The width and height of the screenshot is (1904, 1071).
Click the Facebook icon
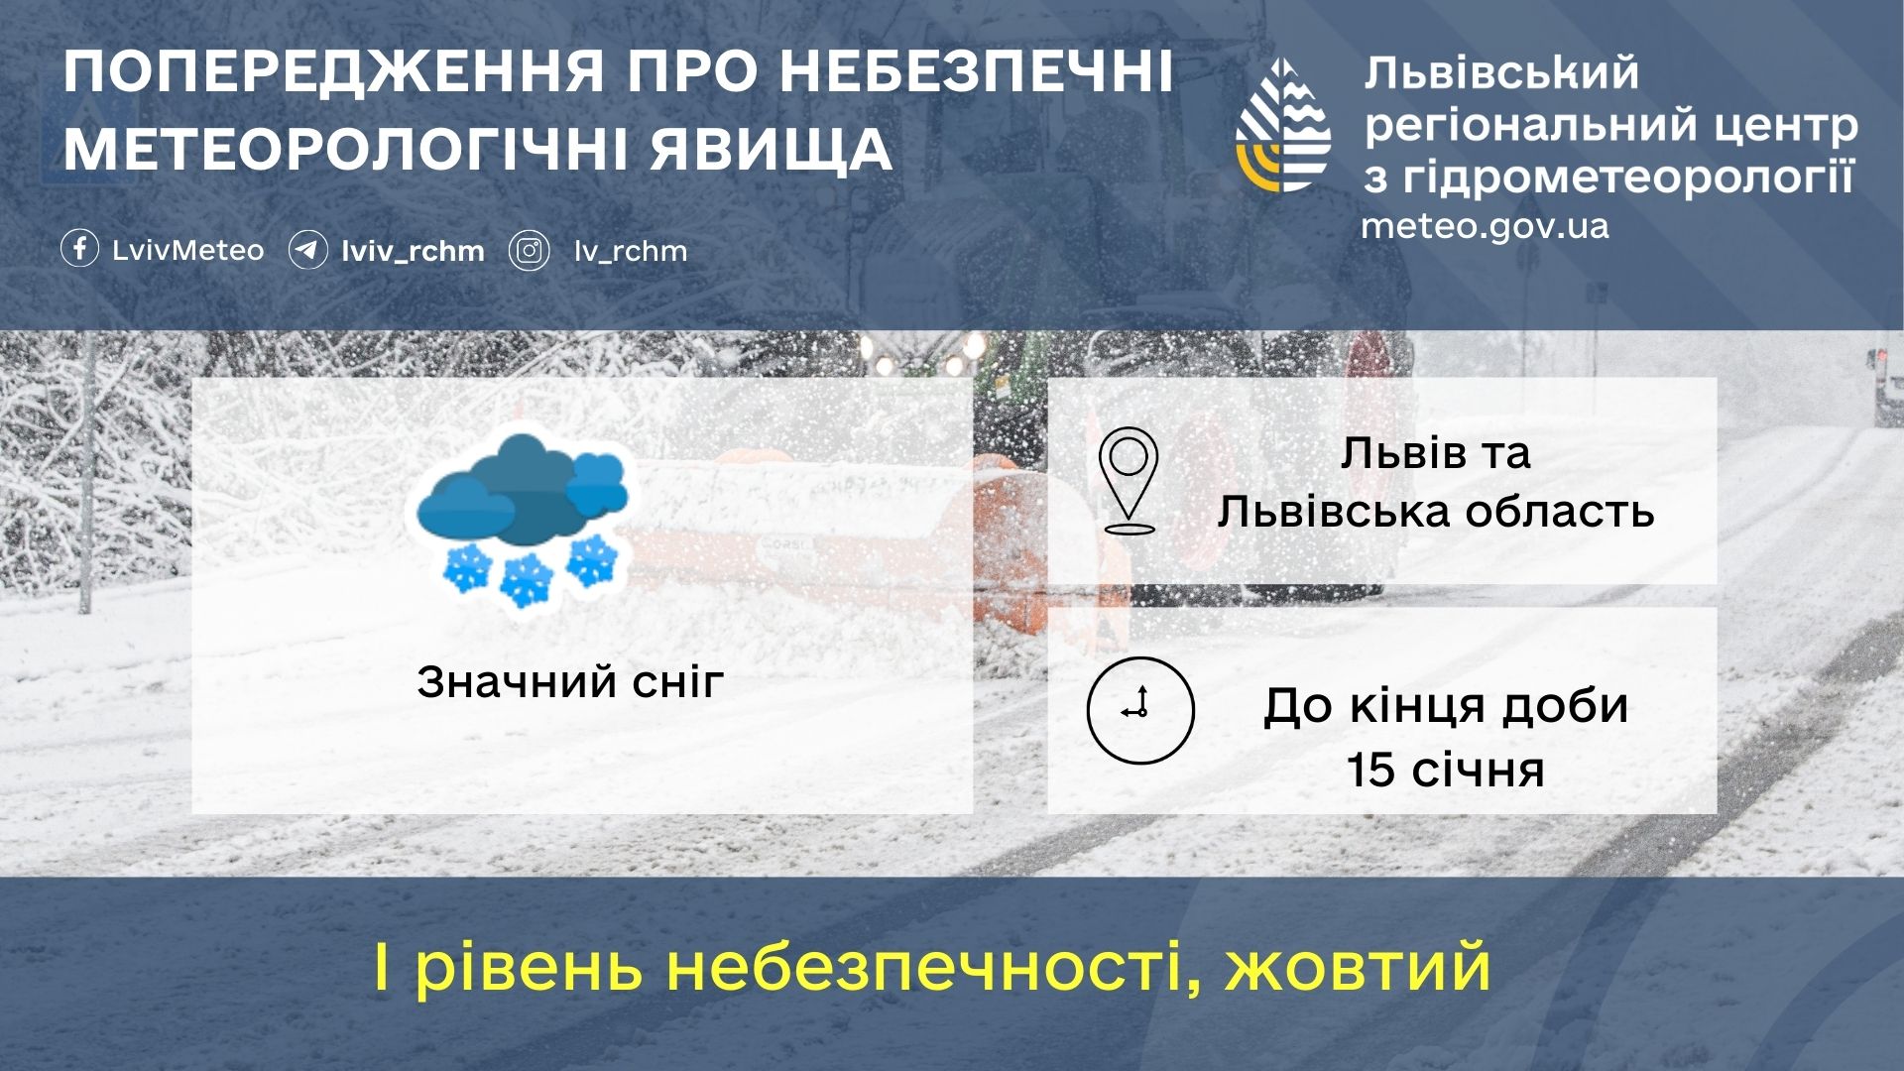click(79, 248)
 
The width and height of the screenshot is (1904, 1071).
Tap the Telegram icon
click(307, 250)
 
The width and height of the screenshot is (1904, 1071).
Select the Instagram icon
click(530, 251)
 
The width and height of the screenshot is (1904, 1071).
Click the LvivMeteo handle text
click(188, 250)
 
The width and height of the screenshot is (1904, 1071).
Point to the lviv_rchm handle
click(413, 251)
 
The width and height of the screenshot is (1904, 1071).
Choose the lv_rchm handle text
click(631, 251)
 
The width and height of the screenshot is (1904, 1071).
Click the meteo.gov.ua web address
click(1485, 226)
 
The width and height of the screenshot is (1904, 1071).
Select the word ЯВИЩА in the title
click(772, 149)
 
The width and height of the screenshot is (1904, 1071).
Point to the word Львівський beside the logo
click(1502, 73)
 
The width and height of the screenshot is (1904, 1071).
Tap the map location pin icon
click(1129, 481)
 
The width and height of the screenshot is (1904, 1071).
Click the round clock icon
click(1140, 710)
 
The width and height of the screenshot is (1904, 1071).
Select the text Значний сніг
click(570, 682)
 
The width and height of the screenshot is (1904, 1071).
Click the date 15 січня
click(1445, 770)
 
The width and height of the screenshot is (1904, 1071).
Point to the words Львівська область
click(1436, 512)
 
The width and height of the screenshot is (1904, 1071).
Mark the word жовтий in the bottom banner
click(1359, 968)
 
